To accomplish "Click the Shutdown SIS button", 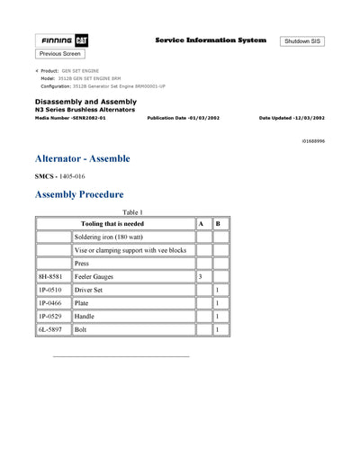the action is (x=303, y=41).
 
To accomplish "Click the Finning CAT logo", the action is (x=61, y=41).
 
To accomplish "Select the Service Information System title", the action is (x=211, y=40).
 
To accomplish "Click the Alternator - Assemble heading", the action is (x=83, y=158).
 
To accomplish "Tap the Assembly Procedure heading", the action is (x=79, y=194).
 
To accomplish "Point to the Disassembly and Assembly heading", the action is (x=85, y=102).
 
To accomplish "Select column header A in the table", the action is (x=202, y=223).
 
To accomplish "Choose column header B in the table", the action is (x=220, y=223).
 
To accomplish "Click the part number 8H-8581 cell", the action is (x=52, y=276).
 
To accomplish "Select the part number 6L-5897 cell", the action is (x=52, y=330).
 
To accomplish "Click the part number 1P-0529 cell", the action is (x=52, y=317).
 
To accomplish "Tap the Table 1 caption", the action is (x=131, y=211).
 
